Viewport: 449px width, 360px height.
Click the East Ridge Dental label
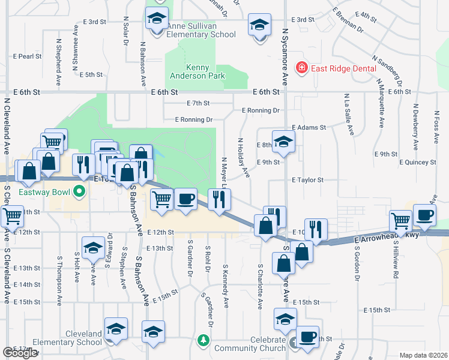coord(343,68)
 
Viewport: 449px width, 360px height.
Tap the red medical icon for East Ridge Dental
coord(301,68)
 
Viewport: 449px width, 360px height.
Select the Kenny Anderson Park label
coord(205,71)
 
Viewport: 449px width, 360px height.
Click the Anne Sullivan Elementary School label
coord(193,30)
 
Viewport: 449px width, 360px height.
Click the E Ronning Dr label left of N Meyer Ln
coord(193,119)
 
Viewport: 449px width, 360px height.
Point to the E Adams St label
coord(309,128)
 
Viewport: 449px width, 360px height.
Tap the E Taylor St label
coord(307,180)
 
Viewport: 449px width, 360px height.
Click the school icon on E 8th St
coord(283,142)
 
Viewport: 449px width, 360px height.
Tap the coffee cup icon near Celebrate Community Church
coord(308,337)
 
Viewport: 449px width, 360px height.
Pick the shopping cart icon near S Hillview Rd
coord(400,220)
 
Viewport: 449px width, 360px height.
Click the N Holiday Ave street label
coord(243,158)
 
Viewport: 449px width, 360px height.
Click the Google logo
coord(20,353)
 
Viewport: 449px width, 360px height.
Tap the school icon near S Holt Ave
coord(93,248)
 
